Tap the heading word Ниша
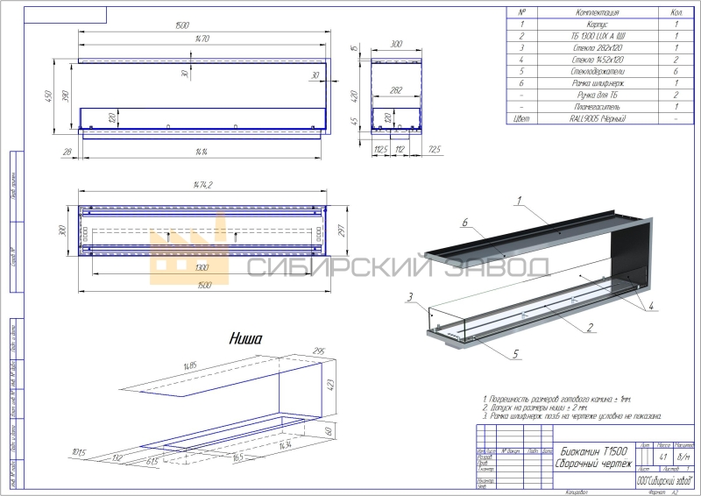click(x=246, y=337)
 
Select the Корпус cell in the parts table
click(x=598, y=25)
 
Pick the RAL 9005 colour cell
click(x=598, y=117)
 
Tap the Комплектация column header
click(x=598, y=13)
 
